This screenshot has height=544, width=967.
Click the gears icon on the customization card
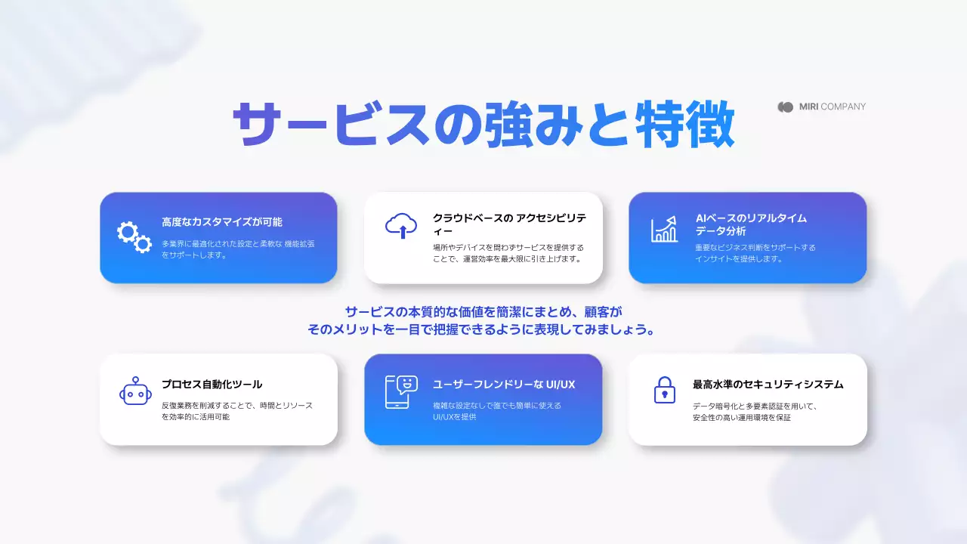(x=134, y=237)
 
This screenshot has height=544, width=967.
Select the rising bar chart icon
(x=665, y=229)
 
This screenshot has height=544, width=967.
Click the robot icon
(x=135, y=391)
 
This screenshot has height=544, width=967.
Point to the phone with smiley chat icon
(x=401, y=391)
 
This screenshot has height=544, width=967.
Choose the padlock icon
(x=664, y=390)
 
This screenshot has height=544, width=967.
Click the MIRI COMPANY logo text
(x=833, y=107)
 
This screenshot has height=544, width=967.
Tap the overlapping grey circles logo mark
(x=786, y=107)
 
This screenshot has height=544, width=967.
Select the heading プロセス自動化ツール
(x=212, y=385)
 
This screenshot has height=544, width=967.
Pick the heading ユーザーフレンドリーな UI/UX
(x=504, y=385)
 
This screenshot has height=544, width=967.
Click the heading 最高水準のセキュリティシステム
(x=768, y=385)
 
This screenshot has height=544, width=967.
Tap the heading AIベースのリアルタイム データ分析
(x=751, y=224)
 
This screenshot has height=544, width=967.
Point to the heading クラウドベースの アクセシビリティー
(x=508, y=224)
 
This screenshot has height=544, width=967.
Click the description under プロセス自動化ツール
(x=236, y=411)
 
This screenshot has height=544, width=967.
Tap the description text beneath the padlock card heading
(x=755, y=411)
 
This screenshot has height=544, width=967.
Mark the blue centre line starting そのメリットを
(x=480, y=330)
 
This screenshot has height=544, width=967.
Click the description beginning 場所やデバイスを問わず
(x=508, y=253)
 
